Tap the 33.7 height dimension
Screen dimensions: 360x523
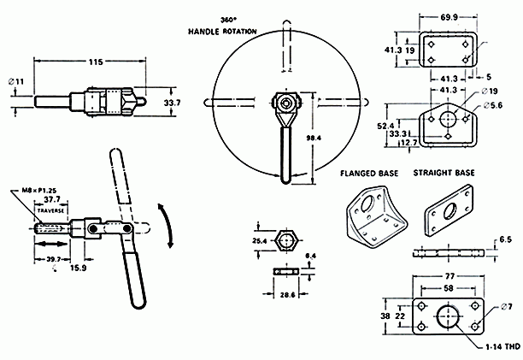pos(172,103)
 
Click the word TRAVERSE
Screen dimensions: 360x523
pos(51,208)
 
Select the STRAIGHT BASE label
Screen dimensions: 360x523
pos(444,173)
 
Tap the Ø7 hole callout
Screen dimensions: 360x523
pos(507,306)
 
